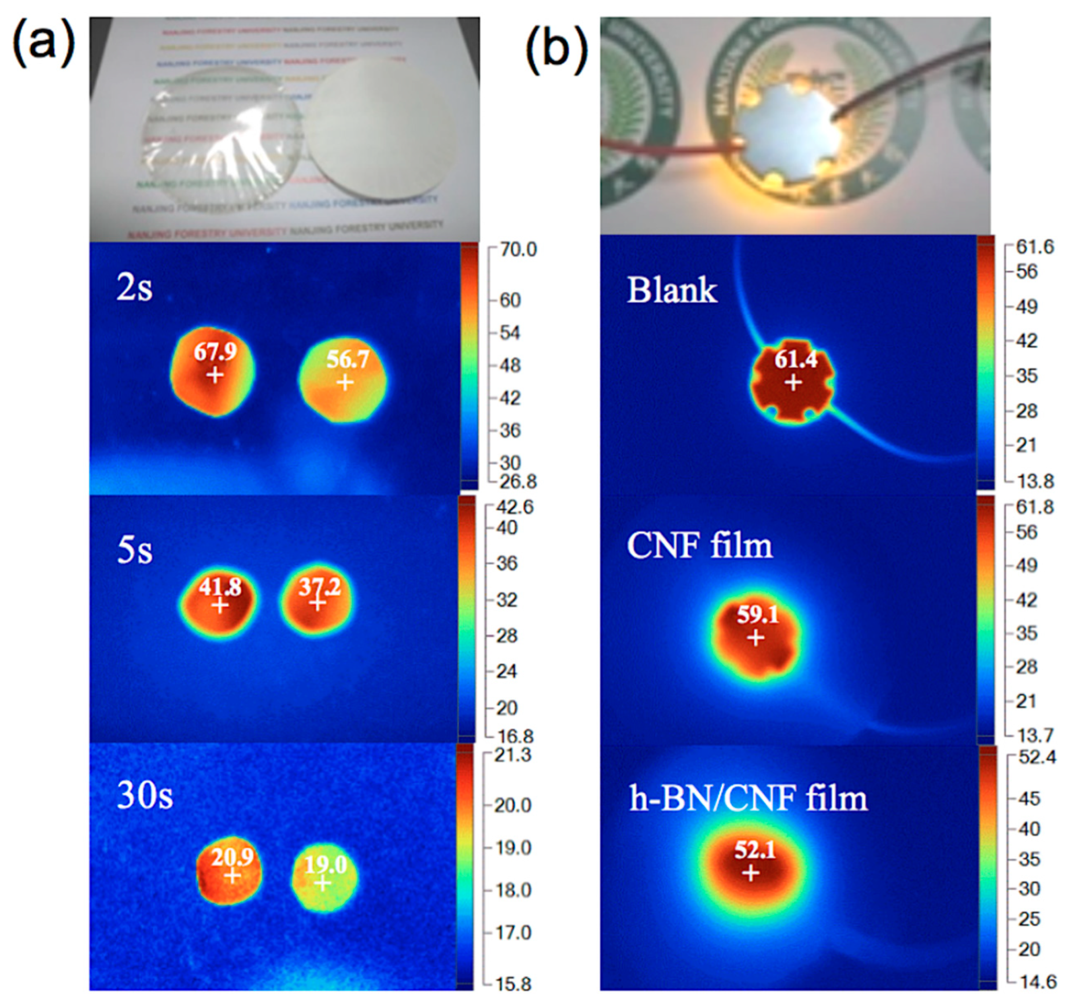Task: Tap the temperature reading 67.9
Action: click(x=215, y=352)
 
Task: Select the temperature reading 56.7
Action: click(x=347, y=359)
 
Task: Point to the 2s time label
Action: click(x=134, y=289)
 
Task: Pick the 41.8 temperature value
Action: click(x=219, y=587)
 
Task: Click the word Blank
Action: click(x=672, y=291)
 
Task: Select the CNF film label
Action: click(x=700, y=546)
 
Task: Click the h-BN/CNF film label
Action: click(x=748, y=798)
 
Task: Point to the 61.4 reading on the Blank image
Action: click(x=795, y=359)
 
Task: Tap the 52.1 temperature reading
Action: click(x=755, y=850)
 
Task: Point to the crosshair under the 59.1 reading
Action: click(x=756, y=639)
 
